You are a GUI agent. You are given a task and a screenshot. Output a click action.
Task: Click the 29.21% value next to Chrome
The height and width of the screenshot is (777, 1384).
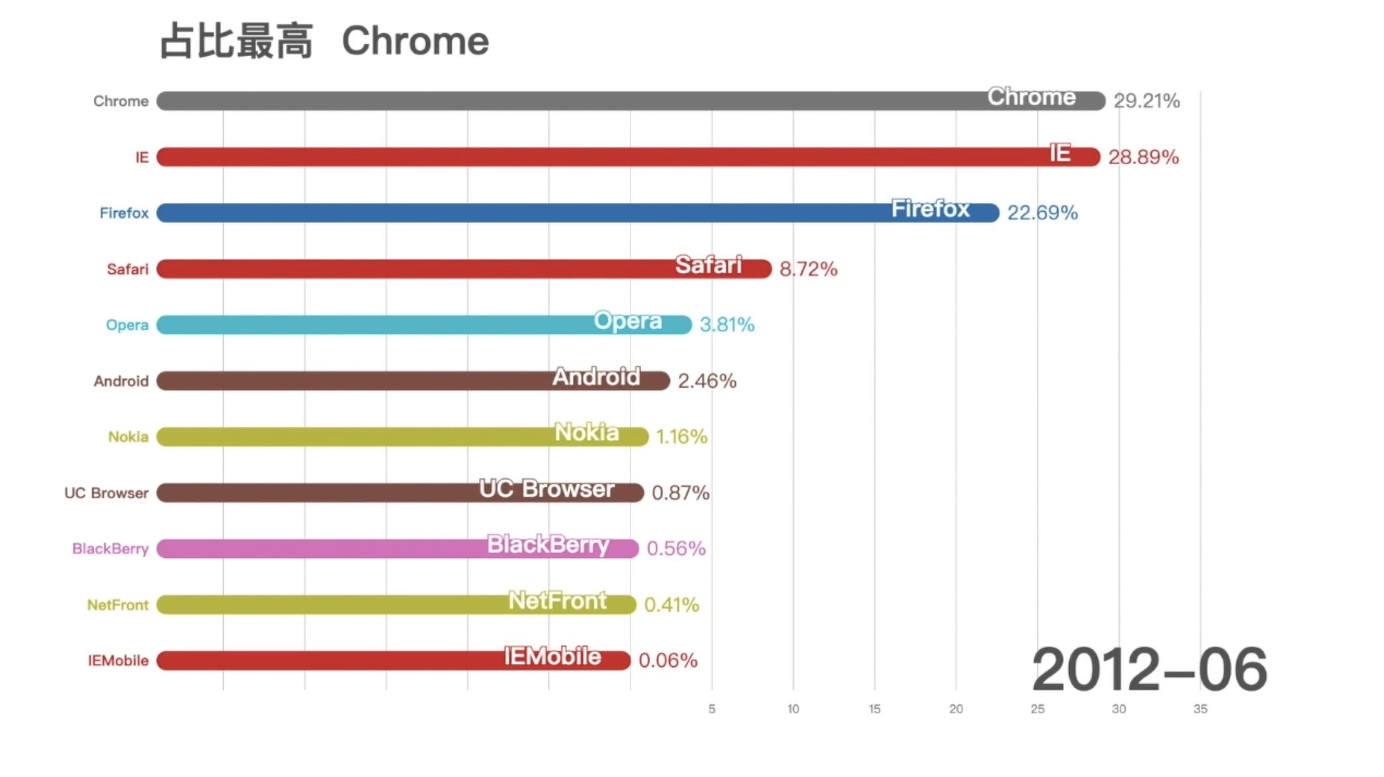pos(1146,101)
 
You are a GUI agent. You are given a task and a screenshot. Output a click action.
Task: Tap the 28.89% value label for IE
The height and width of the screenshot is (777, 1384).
pos(1143,157)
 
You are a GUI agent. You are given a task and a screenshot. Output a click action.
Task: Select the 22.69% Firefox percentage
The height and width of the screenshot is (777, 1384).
pos(1042,212)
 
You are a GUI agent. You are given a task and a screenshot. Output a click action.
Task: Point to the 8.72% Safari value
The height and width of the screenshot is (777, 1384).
pos(808,269)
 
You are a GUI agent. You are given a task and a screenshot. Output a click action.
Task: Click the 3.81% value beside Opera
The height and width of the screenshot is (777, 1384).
pos(726,324)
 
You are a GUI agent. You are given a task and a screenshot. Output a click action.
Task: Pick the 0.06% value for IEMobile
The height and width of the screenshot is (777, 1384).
pos(668,660)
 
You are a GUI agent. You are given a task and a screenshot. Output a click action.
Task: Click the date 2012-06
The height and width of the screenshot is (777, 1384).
pos(1149,670)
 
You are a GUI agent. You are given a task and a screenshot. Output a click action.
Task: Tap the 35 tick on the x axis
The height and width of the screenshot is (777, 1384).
pos(1200,709)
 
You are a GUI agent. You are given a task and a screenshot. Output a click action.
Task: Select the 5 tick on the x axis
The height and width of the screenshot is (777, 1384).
pos(712,709)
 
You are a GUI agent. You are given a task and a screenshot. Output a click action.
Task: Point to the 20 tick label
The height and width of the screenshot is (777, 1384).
pos(956,709)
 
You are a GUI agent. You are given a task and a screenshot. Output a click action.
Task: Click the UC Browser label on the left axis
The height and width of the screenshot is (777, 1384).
pos(107,493)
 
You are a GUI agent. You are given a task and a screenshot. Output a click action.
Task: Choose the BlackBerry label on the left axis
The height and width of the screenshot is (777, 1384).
pos(110,549)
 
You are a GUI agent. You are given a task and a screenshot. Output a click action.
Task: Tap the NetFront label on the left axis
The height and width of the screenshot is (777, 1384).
pos(118,605)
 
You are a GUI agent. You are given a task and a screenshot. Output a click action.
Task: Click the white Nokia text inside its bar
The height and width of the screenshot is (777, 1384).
pos(586,432)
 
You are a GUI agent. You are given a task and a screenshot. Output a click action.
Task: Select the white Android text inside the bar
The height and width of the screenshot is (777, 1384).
pos(596,377)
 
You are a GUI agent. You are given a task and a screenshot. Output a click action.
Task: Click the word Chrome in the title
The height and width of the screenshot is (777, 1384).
pos(415,41)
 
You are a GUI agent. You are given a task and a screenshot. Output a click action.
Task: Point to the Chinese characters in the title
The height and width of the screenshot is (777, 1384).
pos(236,41)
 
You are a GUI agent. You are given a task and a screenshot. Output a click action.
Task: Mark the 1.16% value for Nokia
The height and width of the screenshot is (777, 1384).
pos(681,436)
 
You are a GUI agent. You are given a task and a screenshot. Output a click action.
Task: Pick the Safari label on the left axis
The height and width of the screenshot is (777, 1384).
pos(128,269)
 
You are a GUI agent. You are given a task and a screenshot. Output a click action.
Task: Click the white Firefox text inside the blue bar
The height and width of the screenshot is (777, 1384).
pos(930,208)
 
